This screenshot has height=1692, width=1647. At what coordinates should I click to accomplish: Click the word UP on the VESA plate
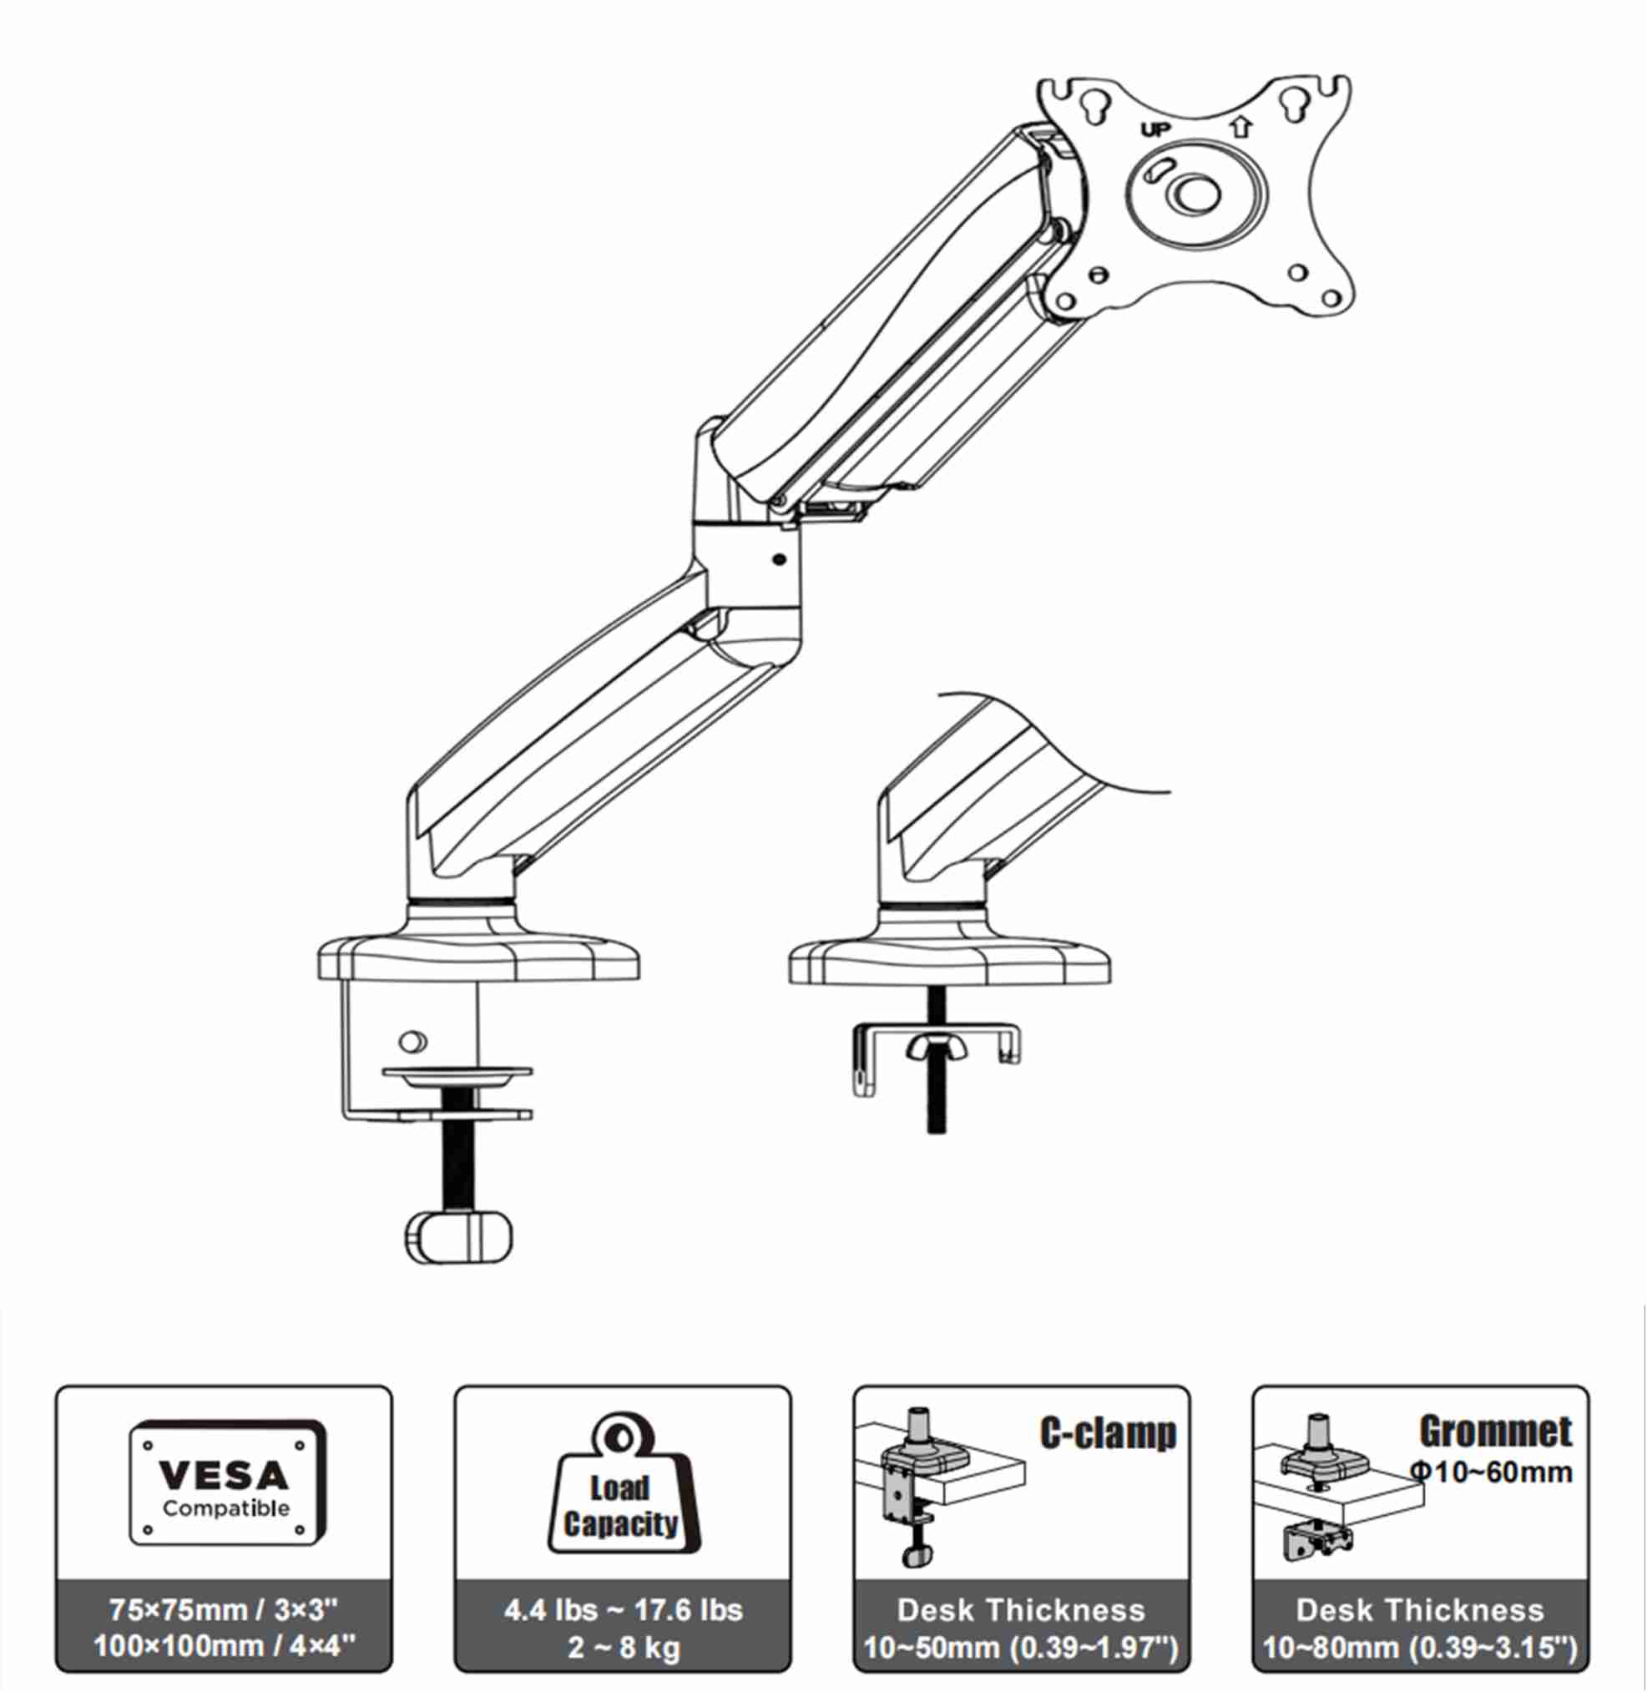coord(1154,130)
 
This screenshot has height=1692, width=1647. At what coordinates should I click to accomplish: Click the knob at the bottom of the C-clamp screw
coord(457,1238)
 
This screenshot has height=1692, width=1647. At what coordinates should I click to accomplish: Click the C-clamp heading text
coord(1108,1434)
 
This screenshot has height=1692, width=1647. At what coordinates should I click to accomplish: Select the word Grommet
coord(1496,1432)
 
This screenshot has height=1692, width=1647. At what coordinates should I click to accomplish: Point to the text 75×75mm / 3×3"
coord(223,1610)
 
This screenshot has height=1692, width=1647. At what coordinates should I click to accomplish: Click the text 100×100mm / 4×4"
coord(224,1645)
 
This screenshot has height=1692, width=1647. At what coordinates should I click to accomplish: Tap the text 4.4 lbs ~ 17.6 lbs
coord(623,1610)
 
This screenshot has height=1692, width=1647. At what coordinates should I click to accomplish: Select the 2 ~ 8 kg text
coord(623,1647)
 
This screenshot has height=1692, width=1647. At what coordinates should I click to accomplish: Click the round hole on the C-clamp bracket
coord(412,1042)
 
